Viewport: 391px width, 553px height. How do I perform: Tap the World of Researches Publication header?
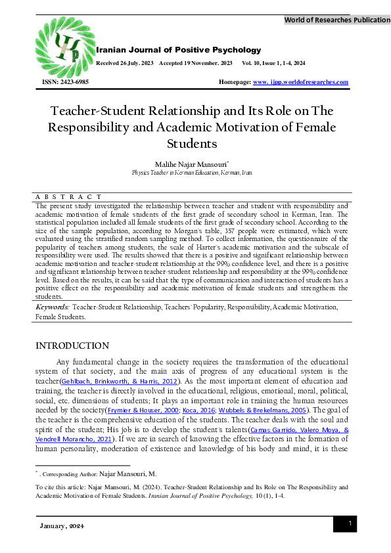336,20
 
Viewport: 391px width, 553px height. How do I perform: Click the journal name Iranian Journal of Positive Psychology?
178,50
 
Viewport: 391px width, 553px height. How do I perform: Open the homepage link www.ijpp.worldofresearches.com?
300,82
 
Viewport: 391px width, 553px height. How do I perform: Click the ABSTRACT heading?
68,196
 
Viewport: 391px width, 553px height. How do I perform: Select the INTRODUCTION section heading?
72,346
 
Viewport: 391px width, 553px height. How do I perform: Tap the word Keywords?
52,307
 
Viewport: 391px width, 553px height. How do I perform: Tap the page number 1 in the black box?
350,523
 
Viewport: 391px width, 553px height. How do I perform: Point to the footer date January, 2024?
60,527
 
